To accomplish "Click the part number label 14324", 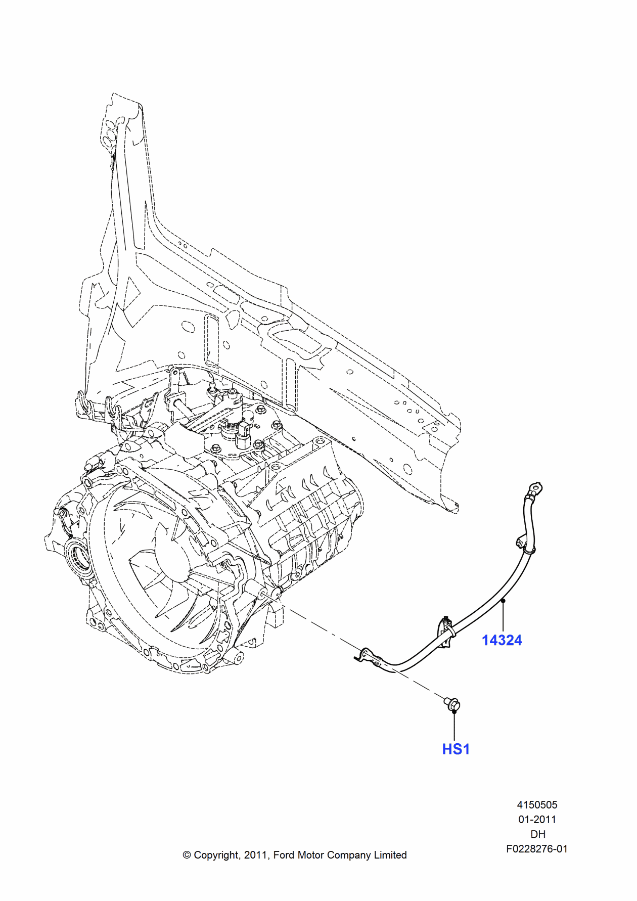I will [502, 640].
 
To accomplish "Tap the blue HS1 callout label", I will [456, 749].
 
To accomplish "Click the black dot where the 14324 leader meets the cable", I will [503, 601].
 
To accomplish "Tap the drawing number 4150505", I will [537, 804].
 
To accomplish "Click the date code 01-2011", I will [537, 819].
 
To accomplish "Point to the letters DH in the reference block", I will [537, 834].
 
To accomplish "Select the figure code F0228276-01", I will [537, 849].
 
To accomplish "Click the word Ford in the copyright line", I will [284, 855].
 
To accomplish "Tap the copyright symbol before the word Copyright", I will [187, 855].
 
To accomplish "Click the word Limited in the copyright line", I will [390, 855].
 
